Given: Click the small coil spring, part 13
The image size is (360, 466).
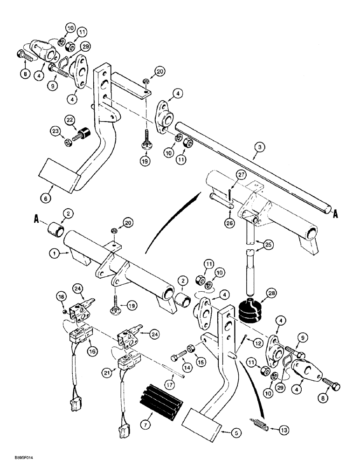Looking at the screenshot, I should tap(261, 426).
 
